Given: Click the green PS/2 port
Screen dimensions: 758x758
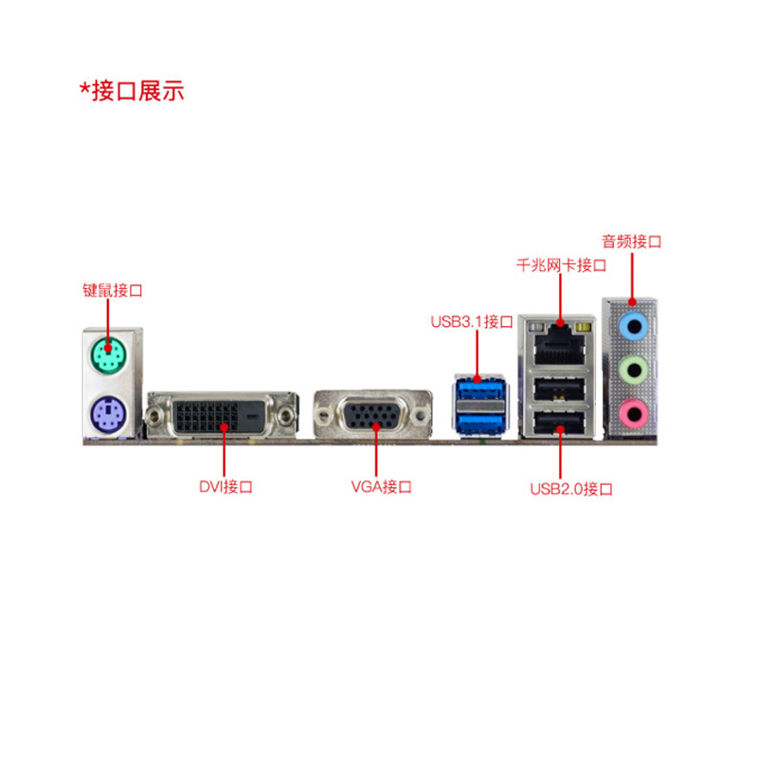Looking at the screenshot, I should pyautogui.click(x=110, y=356).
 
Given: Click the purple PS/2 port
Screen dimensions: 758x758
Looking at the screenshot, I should pyautogui.click(x=110, y=413).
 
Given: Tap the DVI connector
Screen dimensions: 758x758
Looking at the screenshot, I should pyautogui.click(x=220, y=413).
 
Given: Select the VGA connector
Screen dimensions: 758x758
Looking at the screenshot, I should pyautogui.click(x=374, y=415).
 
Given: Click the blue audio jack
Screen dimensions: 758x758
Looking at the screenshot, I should pyautogui.click(x=632, y=326).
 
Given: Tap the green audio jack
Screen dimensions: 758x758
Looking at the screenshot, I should pyautogui.click(x=632, y=369).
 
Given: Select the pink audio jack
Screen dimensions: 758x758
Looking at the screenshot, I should pyautogui.click(x=632, y=410).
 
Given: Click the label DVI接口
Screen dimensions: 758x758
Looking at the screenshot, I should pyautogui.click(x=226, y=487).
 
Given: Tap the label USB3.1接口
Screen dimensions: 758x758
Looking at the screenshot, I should pyautogui.click(x=471, y=321).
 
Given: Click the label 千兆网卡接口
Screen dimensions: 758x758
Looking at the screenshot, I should pyautogui.click(x=561, y=265).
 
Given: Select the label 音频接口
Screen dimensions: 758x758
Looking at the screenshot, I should pyautogui.click(x=631, y=242).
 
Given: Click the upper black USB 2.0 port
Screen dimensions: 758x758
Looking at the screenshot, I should pyautogui.click(x=560, y=388).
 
